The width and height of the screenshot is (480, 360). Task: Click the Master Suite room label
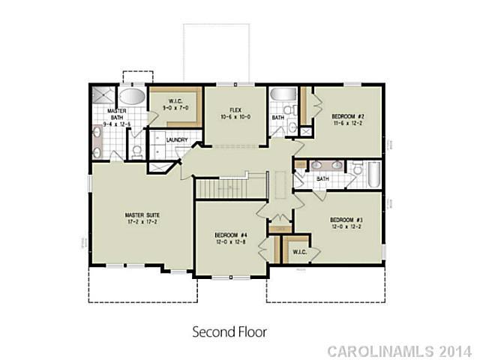pyautogui.click(x=142, y=215)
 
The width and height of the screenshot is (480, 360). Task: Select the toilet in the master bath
pyautogui.click(x=136, y=149)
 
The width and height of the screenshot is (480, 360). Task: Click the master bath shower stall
pyautogui.click(x=101, y=95)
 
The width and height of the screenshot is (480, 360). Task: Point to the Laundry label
pyautogui.click(x=176, y=139)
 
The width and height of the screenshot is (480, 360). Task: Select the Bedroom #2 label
pyautogui.click(x=347, y=115)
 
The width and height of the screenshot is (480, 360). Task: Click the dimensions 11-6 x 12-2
pyautogui.click(x=347, y=123)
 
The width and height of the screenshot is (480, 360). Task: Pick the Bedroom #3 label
pyautogui.click(x=346, y=220)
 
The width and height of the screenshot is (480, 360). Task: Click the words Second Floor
pyautogui.click(x=229, y=330)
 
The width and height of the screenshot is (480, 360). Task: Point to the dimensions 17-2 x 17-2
pyautogui.click(x=142, y=223)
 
